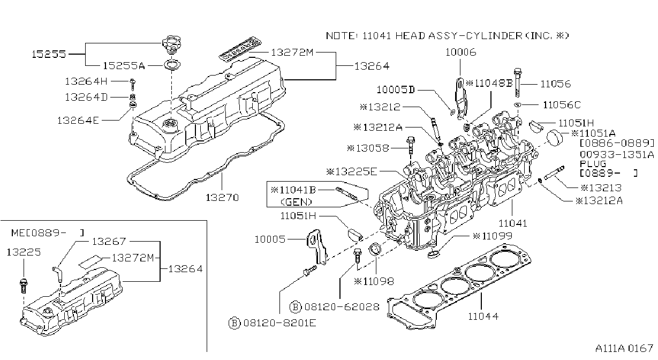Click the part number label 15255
coord(49,54)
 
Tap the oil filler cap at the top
coord(171,45)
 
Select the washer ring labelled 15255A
coord(172,65)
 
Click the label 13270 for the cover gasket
coord(222,198)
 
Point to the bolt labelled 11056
coord(518,82)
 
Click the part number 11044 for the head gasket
coord(483,317)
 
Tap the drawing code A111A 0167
coord(624,349)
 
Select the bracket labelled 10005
coord(316,247)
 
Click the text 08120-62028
coord(342,307)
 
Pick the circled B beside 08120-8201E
coord(234,323)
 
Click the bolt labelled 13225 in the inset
coord(23,286)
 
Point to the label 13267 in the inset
coord(109,242)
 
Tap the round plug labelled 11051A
coord(554,138)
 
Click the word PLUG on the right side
coord(593,164)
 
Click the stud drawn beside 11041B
coord(347,194)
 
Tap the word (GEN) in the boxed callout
coord(296,202)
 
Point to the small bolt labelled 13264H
coord(133,84)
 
